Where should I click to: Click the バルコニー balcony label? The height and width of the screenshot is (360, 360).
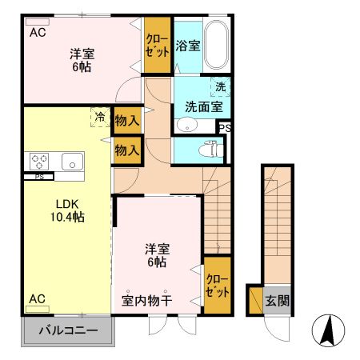[x=66, y=330]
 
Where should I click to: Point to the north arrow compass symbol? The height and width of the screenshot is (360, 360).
[x=326, y=330]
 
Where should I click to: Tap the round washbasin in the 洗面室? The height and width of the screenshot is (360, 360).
[x=186, y=124]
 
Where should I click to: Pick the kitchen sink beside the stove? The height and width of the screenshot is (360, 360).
[x=73, y=161]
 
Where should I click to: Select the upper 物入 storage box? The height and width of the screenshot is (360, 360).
[x=127, y=121]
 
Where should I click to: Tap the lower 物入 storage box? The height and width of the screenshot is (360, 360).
[x=127, y=150]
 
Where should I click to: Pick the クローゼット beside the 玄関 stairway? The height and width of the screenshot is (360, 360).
[x=218, y=286]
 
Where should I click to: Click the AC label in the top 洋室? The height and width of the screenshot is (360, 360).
[x=38, y=34]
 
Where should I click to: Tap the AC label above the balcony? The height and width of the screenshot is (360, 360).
[x=38, y=298]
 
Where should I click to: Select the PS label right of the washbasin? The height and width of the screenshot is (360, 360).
[x=225, y=127]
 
